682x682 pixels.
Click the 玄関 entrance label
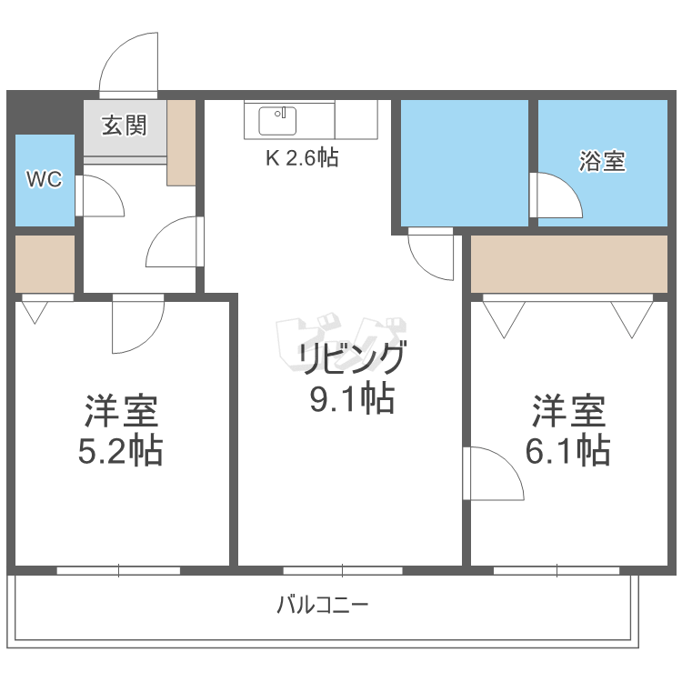tap(124, 125)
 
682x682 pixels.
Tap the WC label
tap(44, 179)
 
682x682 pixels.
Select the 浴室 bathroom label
tap(602, 162)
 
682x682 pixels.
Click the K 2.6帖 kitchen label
tap(302, 158)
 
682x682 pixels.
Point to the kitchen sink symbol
tap(277, 119)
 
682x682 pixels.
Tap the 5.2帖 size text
tap(121, 449)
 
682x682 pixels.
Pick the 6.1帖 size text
tap(568, 449)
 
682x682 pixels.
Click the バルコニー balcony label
tap(323, 604)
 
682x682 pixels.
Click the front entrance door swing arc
tap(130, 64)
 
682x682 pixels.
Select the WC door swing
tap(96, 196)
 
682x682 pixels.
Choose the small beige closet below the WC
tap(45, 264)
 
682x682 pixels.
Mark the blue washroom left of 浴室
tap(465, 161)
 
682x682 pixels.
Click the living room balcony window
tap(342, 570)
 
